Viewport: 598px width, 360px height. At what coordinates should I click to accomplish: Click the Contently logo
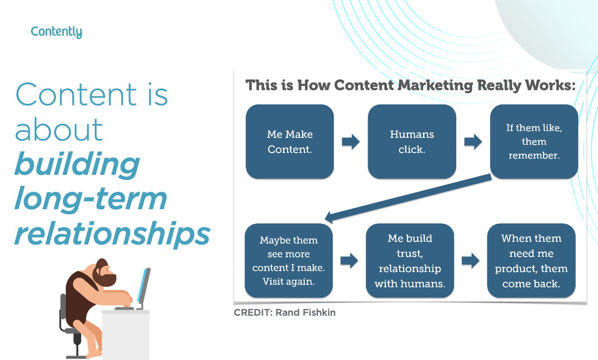(x=56, y=32)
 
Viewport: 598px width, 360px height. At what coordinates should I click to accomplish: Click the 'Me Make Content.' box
(x=290, y=142)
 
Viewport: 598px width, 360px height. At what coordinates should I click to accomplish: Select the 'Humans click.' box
(x=412, y=142)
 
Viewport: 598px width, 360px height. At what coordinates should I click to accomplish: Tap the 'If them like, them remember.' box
(x=534, y=142)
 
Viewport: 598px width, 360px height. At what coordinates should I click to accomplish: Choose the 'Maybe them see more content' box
(x=289, y=261)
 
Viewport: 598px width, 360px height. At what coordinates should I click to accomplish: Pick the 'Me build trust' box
(x=410, y=261)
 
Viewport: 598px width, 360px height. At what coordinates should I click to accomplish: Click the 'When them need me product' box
(x=531, y=261)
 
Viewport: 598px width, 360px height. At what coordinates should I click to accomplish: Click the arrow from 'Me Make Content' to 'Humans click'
(x=351, y=142)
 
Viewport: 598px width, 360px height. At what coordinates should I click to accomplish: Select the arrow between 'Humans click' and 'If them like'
(x=473, y=142)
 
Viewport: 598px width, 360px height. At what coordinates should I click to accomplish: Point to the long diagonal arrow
(x=408, y=198)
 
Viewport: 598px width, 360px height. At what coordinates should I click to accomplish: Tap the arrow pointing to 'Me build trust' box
(x=349, y=261)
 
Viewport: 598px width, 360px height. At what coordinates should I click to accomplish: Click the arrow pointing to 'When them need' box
(x=470, y=261)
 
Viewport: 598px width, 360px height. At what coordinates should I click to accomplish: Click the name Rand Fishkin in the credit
(x=305, y=313)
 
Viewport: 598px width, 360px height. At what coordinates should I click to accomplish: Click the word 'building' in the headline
(x=77, y=164)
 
